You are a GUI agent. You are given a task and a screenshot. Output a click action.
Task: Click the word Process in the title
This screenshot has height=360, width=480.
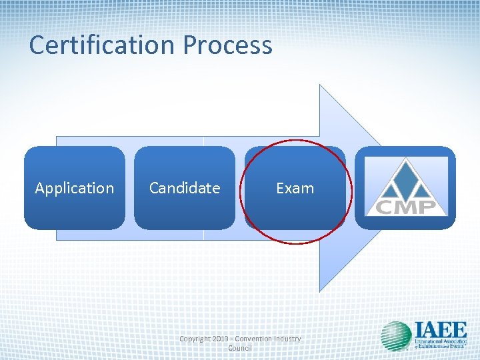[x=227, y=45]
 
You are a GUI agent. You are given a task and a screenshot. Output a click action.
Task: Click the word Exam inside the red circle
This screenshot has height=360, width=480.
[x=295, y=189]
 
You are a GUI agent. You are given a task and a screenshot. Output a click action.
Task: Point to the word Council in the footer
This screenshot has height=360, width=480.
[x=240, y=348]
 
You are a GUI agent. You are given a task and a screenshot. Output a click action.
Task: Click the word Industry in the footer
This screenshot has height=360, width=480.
[x=289, y=339]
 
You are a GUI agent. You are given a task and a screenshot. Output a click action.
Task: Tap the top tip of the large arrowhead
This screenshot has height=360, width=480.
[x=321, y=86]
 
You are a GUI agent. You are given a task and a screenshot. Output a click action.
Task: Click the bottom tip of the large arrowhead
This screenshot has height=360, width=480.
[x=321, y=290]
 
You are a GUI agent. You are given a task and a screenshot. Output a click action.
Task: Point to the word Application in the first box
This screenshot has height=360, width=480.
[x=74, y=189]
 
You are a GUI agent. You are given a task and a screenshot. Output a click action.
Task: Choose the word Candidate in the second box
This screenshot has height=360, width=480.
[x=184, y=189]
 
